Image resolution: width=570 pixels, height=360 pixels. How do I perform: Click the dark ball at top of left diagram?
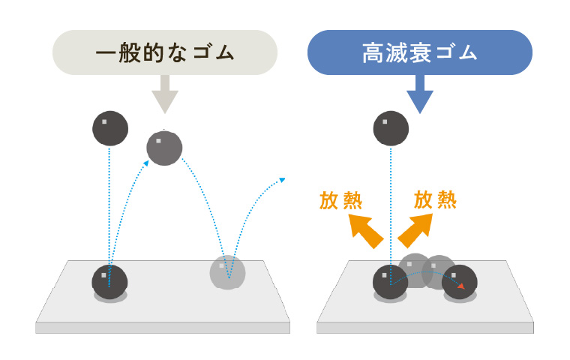click(x=110, y=127)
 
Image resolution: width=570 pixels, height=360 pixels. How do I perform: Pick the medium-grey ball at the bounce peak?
click(x=164, y=148)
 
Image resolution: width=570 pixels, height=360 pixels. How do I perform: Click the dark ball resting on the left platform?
click(x=109, y=282)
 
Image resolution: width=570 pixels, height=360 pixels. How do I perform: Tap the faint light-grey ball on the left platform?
click(x=227, y=272)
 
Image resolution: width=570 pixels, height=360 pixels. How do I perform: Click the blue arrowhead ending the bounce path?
click(x=283, y=179)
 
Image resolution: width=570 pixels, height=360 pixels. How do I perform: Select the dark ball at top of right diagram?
click(x=391, y=128)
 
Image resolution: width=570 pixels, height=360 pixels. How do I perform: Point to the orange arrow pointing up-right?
click(x=415, y=229)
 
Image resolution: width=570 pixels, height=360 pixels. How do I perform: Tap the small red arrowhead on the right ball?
click(x=460, y=285)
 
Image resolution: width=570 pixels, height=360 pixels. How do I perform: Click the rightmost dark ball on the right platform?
click(x=460, y=282)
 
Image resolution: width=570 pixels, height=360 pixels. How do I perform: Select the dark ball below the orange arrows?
click(x=390, y=282)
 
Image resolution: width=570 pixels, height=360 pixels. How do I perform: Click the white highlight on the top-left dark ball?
click(x=104, y=121)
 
